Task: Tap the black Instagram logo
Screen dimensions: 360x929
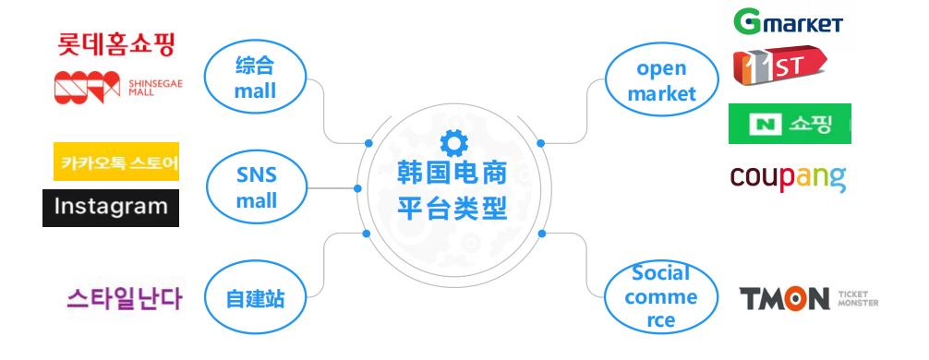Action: click(111, 207)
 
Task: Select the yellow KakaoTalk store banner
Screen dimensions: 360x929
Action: click(115, 162)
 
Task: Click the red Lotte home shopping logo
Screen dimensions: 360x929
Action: click(116, 42)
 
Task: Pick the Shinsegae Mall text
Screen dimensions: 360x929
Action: click(162, 86)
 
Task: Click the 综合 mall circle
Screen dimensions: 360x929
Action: click(255, 78)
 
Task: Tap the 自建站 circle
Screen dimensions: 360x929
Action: click(255, 299)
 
